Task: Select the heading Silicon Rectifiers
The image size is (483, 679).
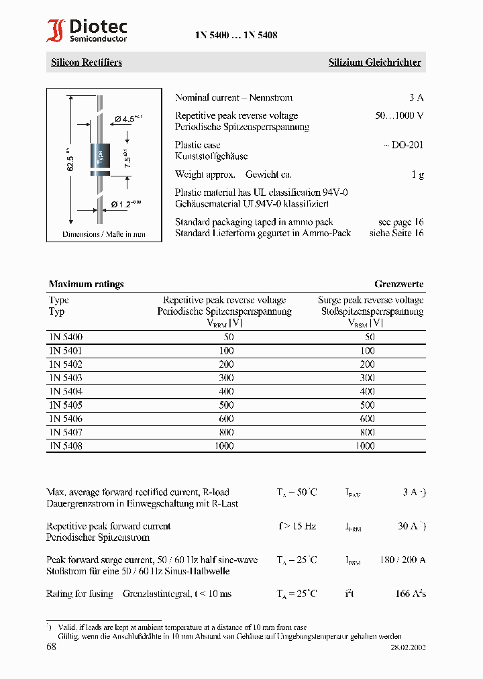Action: point(87,62)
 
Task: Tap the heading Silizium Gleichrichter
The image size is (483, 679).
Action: point(374,62)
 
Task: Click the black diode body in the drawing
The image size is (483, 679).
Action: point(101,158)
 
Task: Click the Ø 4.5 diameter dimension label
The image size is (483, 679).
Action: point(128,119)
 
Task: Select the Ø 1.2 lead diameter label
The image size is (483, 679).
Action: point(125,203)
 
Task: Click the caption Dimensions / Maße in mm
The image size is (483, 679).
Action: point(104,234)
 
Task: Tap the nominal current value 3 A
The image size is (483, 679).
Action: point(416,97)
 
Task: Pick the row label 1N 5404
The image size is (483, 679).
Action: point(65,391)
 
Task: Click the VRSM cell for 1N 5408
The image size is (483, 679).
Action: point(365,446)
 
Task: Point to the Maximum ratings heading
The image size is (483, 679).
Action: point(86,284)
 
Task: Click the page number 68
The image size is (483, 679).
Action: point(51,647)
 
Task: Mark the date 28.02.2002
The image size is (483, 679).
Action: point(408,648)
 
